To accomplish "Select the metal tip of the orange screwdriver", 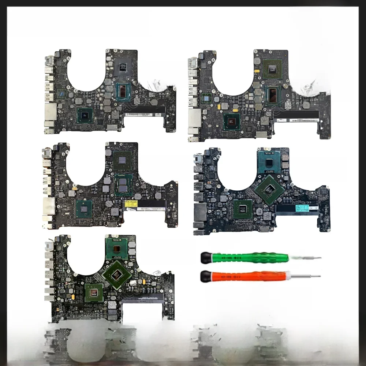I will point(310,276).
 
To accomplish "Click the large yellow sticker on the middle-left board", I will point(131,203).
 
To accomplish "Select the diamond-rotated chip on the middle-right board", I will point(270,190).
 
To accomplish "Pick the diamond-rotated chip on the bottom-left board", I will point(116,274).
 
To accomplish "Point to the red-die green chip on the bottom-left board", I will point(94,292).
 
